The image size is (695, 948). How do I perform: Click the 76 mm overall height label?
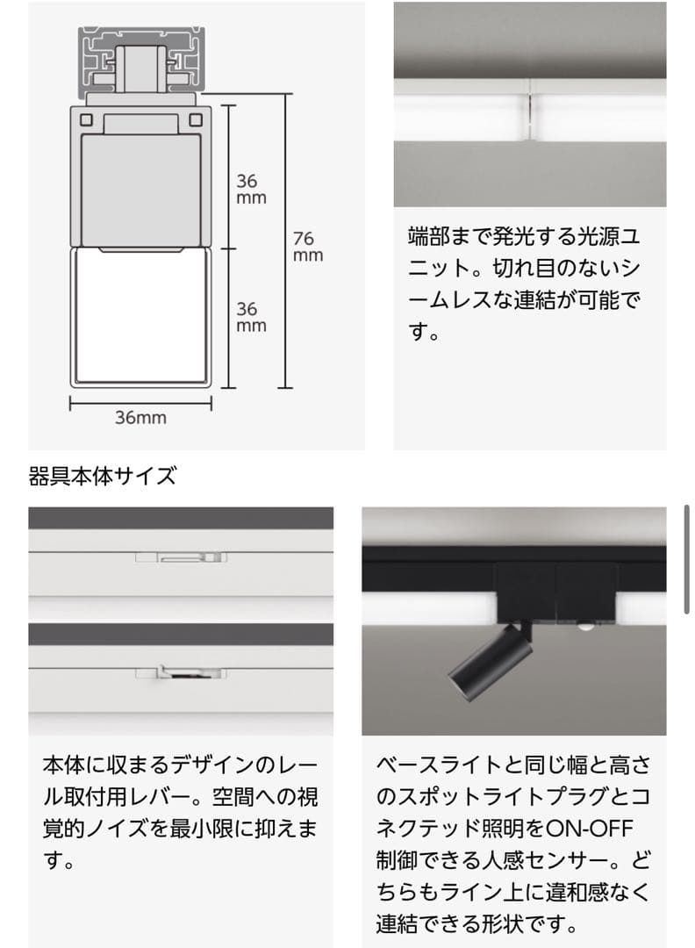pos(307,247)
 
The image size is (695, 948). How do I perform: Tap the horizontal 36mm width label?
pos(140,418)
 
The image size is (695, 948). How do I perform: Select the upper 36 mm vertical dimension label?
pos(251,189)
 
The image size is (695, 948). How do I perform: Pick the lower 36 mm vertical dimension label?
pos(251,317)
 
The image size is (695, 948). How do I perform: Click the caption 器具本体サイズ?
pos(103,477)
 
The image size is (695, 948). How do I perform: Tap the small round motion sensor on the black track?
pos(582,627)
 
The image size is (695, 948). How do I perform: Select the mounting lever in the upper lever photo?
pos(181,557)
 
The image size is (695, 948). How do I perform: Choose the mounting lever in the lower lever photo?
pos(181,674)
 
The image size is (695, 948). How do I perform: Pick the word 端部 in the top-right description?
pos(429,236)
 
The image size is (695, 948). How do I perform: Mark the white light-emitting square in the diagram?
pos(140,316)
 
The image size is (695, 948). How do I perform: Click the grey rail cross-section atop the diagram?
pos(140,61)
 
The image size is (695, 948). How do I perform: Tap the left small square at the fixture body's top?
pos(88,118)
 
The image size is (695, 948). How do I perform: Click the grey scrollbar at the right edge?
pos(687,558)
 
